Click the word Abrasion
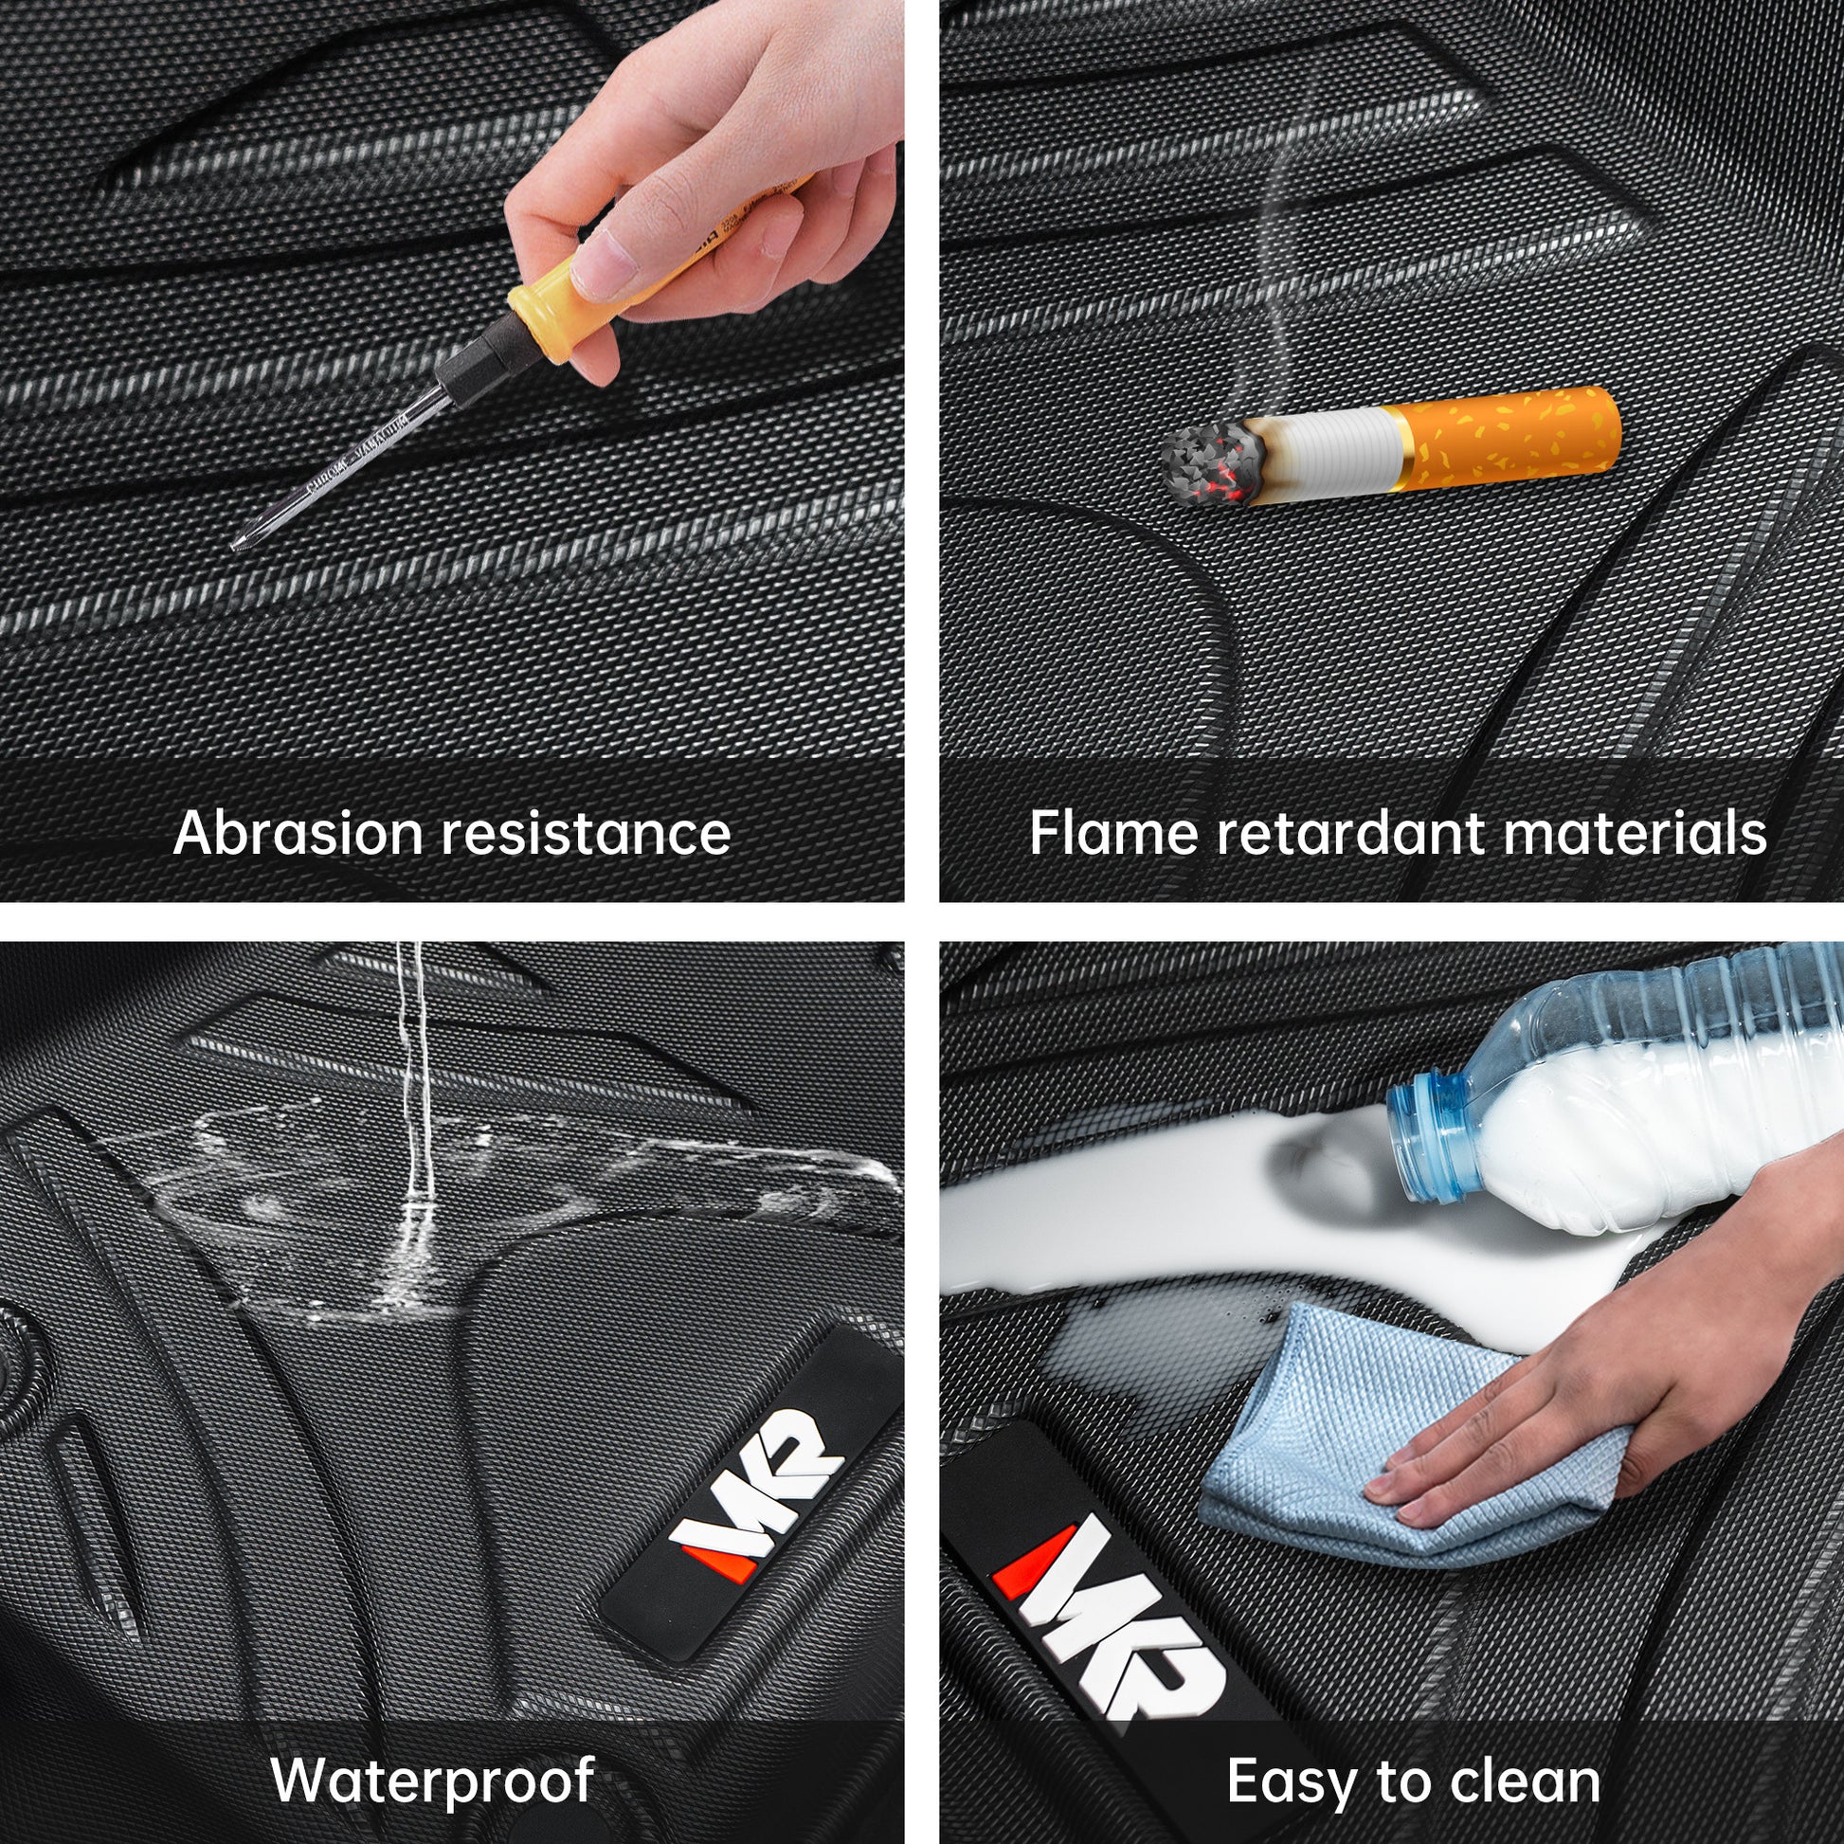[x=298, y=833]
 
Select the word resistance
[x=586, y=833]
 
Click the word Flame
[x=1113, y=833]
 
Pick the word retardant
[x=1350, y=833]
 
